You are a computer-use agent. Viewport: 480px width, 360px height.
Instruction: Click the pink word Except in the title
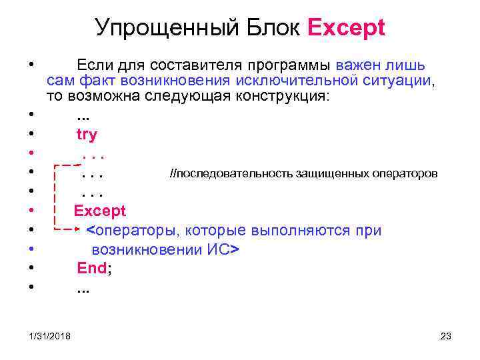(346, 28)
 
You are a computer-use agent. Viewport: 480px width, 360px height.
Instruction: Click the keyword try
(87, 134)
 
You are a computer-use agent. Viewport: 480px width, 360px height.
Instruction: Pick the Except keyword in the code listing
(99, 211)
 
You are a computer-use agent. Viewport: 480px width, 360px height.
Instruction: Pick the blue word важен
(359, 65)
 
